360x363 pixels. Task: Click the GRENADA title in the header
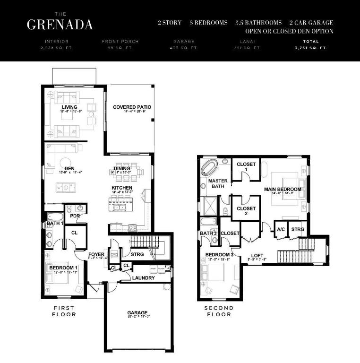(x=60, y=25)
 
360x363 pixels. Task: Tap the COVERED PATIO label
(x=132, y=107)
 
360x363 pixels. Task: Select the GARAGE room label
(x=137, y=312)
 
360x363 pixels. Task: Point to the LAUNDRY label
(x=143, y=278)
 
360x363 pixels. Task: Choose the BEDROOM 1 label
(x=63, y=268)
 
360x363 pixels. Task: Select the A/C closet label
(x=281, y=229)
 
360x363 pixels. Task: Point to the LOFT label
(x=257, y=255)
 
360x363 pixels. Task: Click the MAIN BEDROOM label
(x=283, y=190)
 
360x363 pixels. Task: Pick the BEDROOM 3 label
(x=219, y=255)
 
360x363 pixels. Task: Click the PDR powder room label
(x=74, y=216)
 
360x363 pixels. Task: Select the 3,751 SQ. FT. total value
(x=310, y=48)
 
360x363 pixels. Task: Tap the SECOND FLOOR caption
(x=218, y=311)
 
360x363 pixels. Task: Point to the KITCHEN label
(x=121, y=188)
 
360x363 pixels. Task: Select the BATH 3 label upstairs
(x=208, y=233)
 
